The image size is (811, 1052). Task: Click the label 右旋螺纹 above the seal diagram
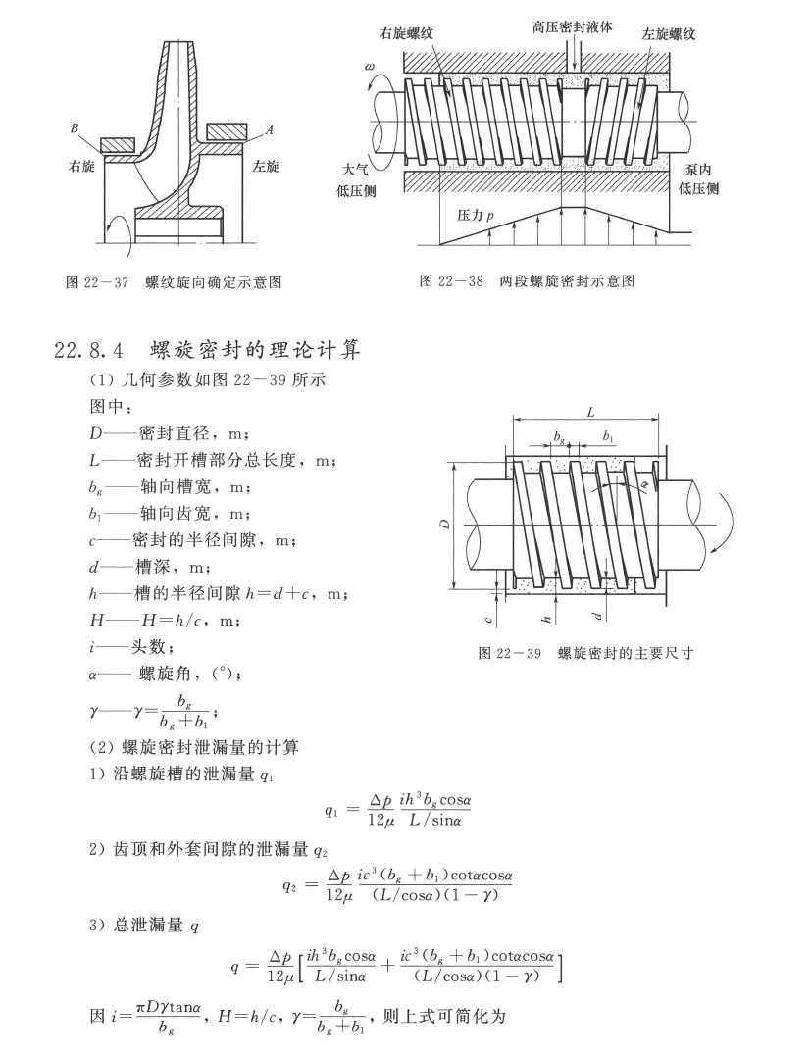407,33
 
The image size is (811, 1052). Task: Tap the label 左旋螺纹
668,33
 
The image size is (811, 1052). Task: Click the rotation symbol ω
370,67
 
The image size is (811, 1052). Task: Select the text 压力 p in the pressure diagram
476,215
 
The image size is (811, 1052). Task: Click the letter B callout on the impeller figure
75,128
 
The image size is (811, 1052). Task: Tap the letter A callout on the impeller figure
269,130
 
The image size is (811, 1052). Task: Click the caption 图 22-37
97,282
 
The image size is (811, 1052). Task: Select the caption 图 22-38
451,281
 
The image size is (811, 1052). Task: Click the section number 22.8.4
88,350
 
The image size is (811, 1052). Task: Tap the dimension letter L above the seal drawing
590,413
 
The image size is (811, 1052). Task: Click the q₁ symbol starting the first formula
331,811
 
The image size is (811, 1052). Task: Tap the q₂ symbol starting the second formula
290,885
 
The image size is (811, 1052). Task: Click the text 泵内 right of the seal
697,171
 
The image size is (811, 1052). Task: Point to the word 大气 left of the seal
356,169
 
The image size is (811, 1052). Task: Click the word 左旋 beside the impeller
266,167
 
